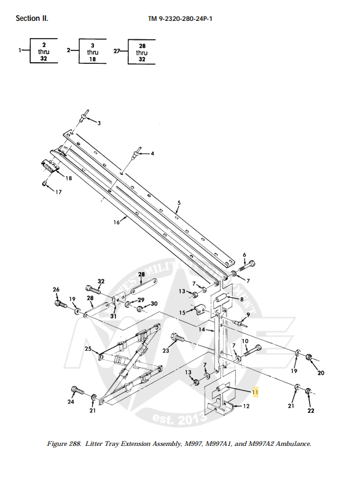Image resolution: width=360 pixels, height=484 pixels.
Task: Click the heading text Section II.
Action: (x=32, y=18)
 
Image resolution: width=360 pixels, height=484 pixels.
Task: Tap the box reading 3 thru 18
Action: (x=92, y=53)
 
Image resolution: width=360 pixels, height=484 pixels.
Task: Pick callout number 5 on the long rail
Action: (x=179, y=202)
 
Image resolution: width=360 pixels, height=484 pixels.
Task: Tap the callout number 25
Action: (x=88, y=349)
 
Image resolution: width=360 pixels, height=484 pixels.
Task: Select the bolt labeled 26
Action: (x=60, y=303)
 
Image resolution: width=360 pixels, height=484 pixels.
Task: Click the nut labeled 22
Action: (x=308, y=390)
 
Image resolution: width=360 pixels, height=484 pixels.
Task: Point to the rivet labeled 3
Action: (x=85, y=114)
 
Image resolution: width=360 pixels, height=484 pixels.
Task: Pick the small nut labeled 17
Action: (x=45, y=183)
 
